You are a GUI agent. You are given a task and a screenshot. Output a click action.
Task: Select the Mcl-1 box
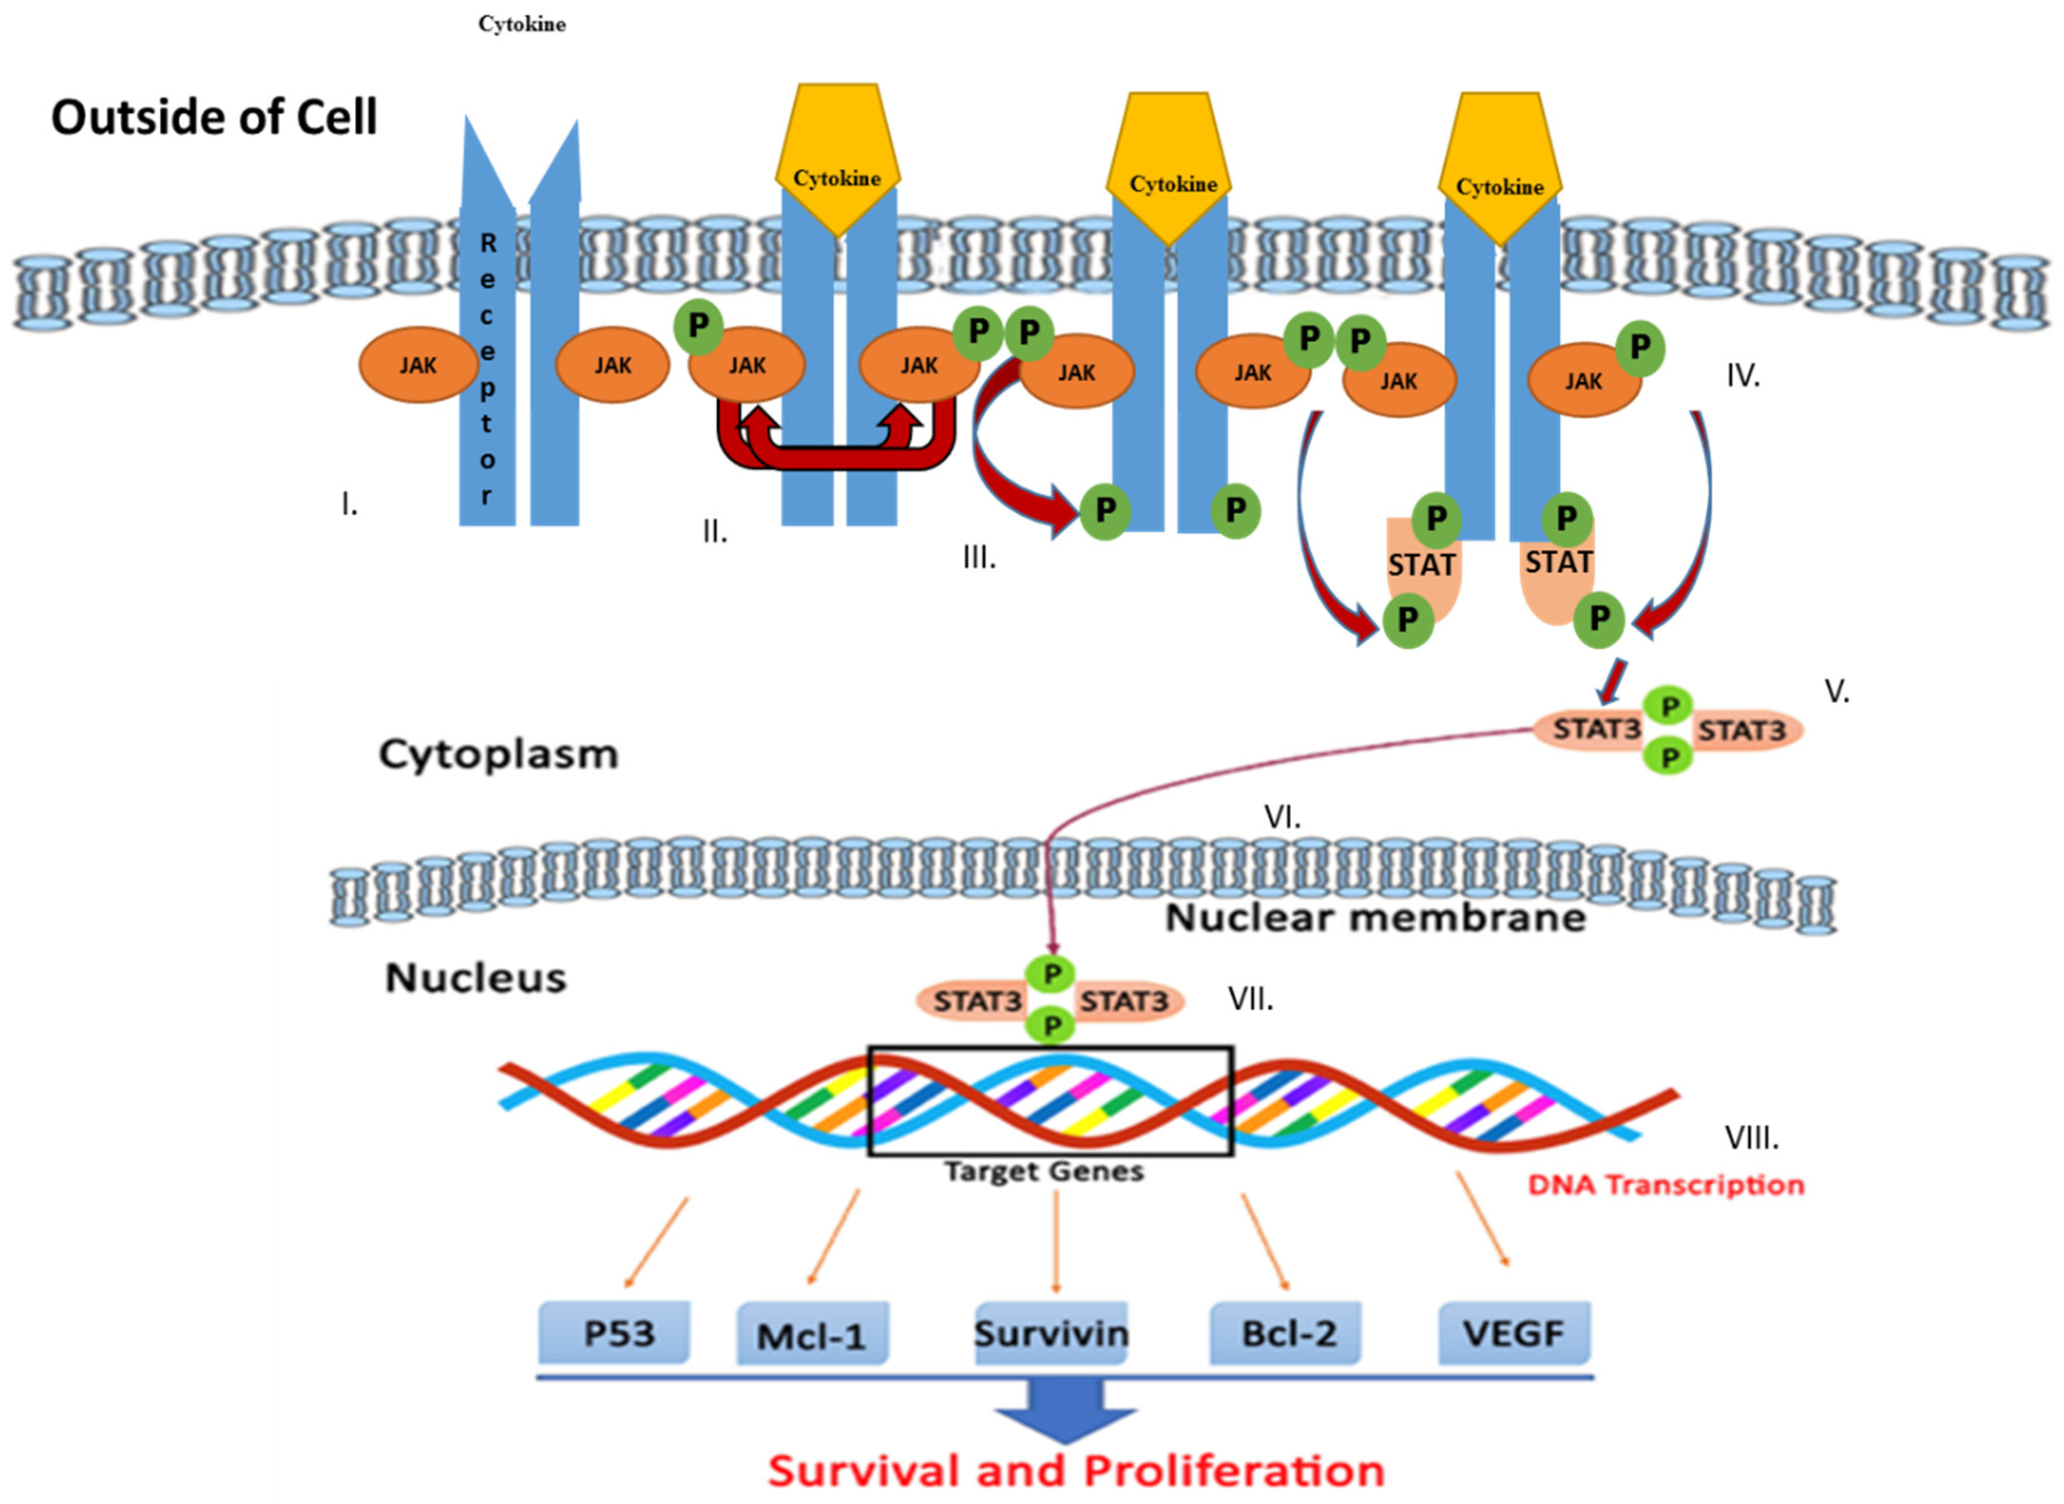click(x=811, y=1336)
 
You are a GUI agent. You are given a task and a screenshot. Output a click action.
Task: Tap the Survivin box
click(x=1051, y=1334)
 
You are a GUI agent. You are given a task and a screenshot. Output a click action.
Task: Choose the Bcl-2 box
click(x=1286, y=1334)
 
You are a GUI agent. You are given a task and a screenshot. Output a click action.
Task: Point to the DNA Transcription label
click(x=1665, y=1184)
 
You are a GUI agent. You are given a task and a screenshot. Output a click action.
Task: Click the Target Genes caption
click(x=1043, y=1171)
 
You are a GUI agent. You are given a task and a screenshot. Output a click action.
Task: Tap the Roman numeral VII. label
click(x=1250, y=999)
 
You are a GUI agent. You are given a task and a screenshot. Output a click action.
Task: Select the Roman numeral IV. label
click(x=1743, y=375)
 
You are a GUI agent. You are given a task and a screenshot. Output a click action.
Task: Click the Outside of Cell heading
click(x=214, y=117)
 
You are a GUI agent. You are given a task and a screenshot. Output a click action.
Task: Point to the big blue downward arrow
click(x=1065, y=1411)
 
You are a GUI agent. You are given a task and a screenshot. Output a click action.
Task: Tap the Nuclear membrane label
click(x=1376, y=918)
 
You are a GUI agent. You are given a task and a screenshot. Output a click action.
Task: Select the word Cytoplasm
click(x=498, y=754)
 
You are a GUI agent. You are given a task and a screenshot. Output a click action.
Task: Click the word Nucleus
click(x=475, y=978)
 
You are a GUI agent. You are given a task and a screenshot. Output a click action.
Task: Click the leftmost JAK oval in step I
click(x=418, y=365)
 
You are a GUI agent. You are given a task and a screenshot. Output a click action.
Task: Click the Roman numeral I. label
click(x=349, y=503)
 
